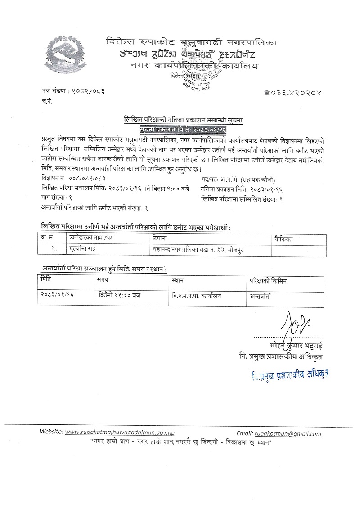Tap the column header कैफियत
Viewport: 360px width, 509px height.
point(283,239)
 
